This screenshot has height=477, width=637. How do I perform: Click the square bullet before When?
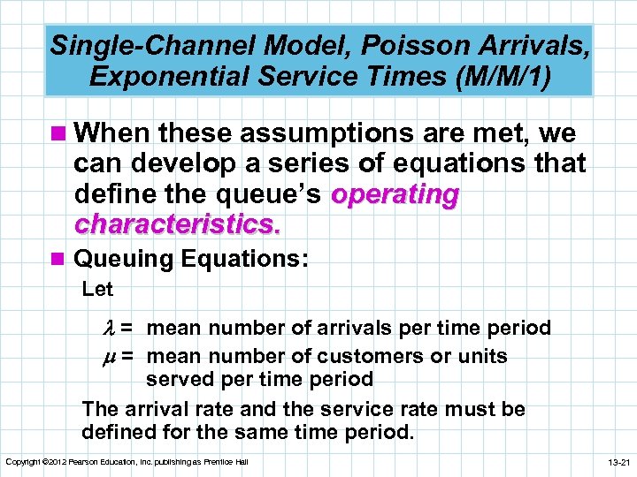[61, 134]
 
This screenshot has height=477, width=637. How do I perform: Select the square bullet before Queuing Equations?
[61, 258]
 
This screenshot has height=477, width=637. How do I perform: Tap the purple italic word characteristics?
[177, 224]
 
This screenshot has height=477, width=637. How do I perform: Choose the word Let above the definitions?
[96, 289]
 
